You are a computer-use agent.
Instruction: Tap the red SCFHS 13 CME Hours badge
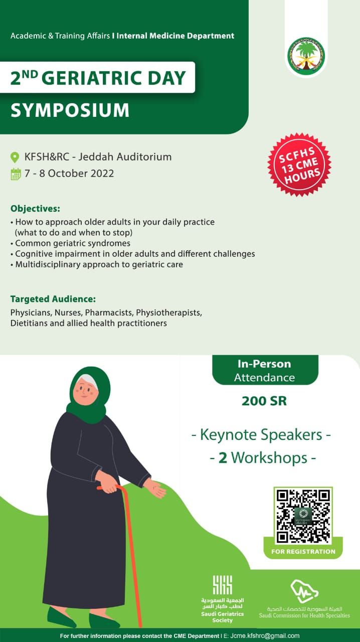(299, 165)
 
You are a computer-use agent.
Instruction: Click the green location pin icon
(15, 157)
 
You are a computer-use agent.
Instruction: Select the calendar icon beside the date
(16, 174)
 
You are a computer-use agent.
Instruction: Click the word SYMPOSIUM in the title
(70, 110)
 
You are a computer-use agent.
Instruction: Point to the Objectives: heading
(35, 208)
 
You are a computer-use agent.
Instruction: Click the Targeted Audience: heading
(53, 299)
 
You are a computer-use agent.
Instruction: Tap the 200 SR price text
(264, 401)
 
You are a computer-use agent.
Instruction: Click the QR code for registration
(303, 516)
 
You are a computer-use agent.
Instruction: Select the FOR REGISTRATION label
(303, 551)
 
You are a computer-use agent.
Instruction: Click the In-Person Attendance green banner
(265, 370)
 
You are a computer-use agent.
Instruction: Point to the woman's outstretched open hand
(155, 488)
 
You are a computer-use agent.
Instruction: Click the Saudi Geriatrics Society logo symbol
(223, 585)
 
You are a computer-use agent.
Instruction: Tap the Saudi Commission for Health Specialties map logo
(304, 591)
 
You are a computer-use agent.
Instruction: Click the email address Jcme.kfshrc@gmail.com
(265, 635)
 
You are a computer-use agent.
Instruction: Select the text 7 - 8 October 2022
(69, 174)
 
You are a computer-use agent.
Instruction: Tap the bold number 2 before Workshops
(223, 458)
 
